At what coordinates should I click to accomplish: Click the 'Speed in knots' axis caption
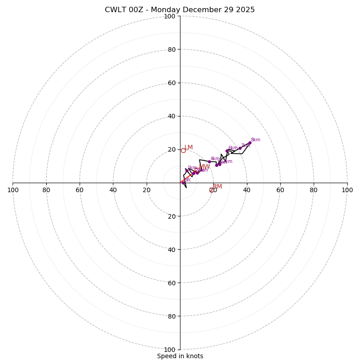click(x=180, y=356)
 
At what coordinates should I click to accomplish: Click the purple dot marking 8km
click(x=250, y=143)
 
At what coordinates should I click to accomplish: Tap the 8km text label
click(x=256, y=140)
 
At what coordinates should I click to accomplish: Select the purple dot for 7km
click(x=240, y=148)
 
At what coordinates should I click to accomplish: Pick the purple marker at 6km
click(x=227, y=151)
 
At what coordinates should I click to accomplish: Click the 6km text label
click(x=233, y=148)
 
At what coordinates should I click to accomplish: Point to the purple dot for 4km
click(x=209, y=162)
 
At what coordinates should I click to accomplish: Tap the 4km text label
click(x=215, y=159)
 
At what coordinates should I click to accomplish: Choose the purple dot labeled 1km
click(x=187, y=171)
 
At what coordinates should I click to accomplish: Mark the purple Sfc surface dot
click(x=183, y=182)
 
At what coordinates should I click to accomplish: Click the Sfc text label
click(x=188, y=180)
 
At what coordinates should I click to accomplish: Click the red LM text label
click(x=189, y=148)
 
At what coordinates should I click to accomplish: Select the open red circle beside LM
click(x=183, y=150)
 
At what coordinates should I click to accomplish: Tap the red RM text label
click(x=217, y=187)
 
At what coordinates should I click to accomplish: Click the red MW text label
click(x=205, y=167)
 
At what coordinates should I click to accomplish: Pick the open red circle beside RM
click(x=211, y=190)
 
